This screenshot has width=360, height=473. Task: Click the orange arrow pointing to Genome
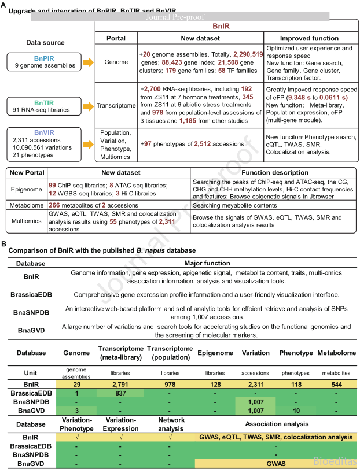click(x=85, y=61)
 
